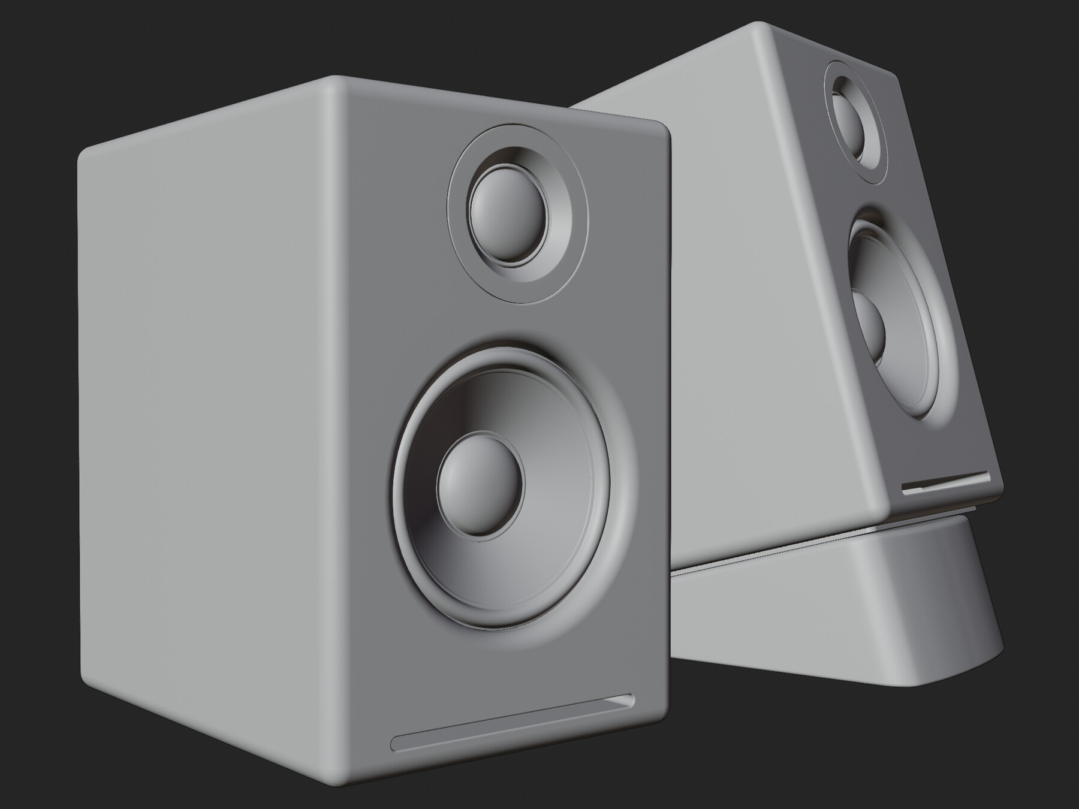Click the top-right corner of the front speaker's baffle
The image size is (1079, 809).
[664, 128]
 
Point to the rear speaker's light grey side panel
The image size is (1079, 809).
[749, 300]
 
